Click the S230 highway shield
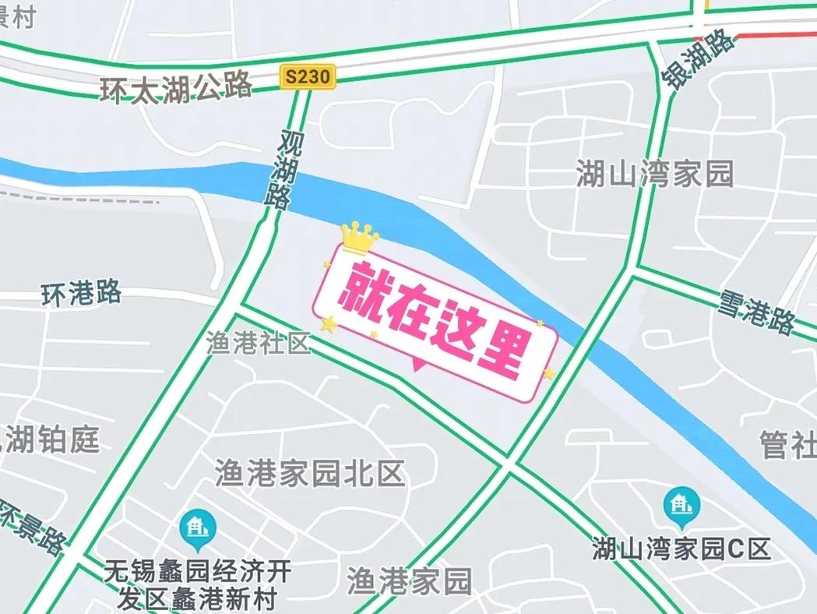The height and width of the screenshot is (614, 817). click(x=308, y=76)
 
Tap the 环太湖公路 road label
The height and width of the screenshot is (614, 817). click(x=177, y=85)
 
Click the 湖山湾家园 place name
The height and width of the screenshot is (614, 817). click(x=654, y=174)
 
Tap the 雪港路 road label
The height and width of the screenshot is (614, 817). click(x=756, y=309)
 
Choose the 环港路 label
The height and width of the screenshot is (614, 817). click(x=82, y=294)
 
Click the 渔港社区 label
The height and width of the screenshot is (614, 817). click(x=259, y=343)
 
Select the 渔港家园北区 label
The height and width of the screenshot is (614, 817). click(x=310, y=472)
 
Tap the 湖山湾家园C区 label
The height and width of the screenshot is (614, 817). click(x=681, y=549)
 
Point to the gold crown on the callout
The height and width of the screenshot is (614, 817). click(x=359, y=237)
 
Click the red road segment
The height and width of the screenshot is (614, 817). click(x=775, y=33)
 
